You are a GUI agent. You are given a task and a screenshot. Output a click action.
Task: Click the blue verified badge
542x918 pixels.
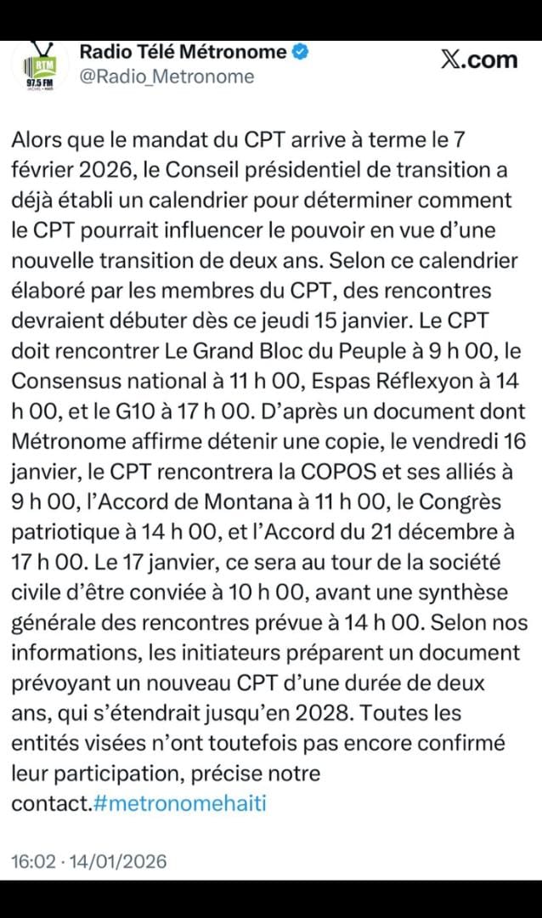pyautogui.click(x=301, y=52)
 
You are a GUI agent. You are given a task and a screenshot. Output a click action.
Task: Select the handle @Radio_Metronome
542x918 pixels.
pyautogui.click(x=167, y=76)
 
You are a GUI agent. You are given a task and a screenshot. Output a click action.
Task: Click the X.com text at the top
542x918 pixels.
pyautogui.click(x=479, y=59)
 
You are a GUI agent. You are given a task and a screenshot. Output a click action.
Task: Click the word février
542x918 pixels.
pyautogui.click(x=40, y=171)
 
